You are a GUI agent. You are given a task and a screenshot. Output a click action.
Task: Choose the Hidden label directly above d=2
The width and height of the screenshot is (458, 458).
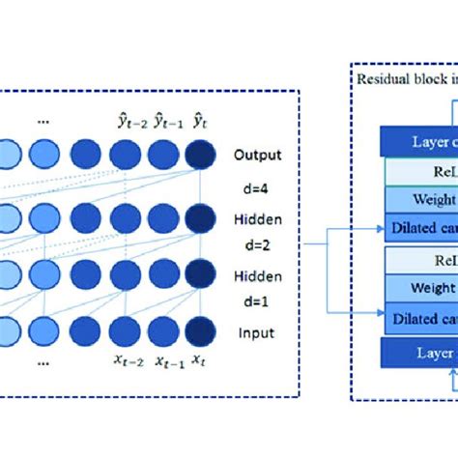click(256, 219)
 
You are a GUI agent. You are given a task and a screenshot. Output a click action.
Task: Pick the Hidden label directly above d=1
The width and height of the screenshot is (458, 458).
click(256, 277)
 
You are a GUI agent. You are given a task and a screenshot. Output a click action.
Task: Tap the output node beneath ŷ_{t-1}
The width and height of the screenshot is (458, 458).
click(164, 156)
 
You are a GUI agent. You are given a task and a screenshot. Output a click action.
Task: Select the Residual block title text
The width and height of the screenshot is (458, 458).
click(406, 79)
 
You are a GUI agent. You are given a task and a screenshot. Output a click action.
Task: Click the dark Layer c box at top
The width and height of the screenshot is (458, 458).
click(420, 142)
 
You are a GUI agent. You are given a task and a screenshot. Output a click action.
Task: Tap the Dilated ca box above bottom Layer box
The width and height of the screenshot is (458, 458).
click(421, 316)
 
